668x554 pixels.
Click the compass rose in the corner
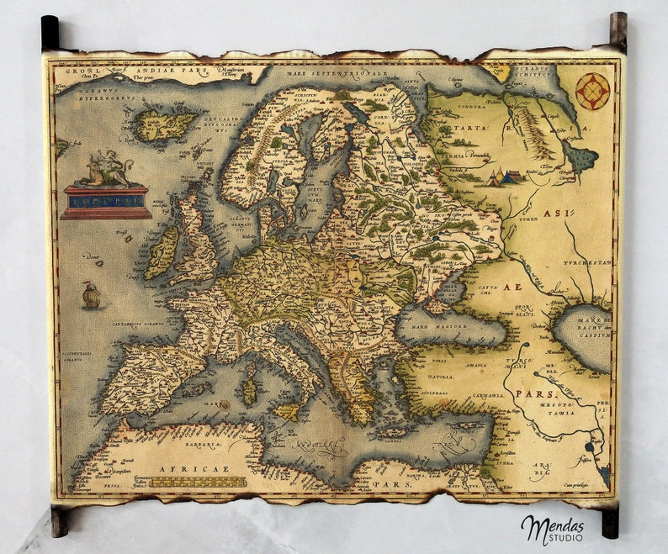(x=593, y=91)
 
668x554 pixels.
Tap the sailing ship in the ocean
(x=90, y=295)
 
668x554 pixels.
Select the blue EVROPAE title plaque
(x=106, y=202)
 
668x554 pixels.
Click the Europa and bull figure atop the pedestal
(x=104, y=170)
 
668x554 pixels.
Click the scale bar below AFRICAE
(x=199, y=483)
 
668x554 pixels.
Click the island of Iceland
(x=166, y=125)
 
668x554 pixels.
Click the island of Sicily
(x=289, y=412)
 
